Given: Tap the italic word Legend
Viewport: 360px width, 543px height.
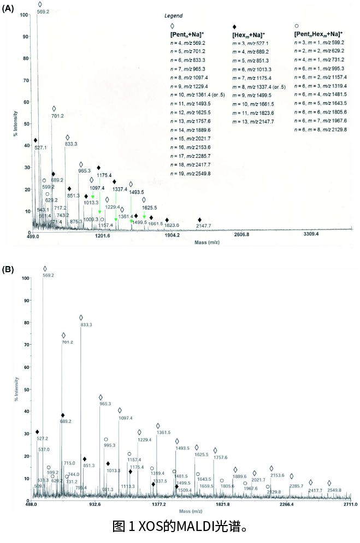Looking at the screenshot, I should (x=173, y=16).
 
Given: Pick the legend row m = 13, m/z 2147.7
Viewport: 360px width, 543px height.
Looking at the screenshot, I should (x=255, y=121).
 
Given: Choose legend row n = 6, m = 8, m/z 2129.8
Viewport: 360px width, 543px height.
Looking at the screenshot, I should (x=321, y=129).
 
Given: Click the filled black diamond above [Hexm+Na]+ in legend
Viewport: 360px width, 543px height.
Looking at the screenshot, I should (x=234, y=26).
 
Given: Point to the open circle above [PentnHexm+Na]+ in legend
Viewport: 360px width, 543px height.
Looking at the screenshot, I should (x=296, y=26).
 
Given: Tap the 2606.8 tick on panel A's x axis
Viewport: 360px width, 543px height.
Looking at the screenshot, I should (x=241, y=235).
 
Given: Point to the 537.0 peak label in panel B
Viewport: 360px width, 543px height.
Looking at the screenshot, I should (x=44, y=449).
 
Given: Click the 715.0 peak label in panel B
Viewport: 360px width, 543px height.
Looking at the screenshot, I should (x=69, y=463).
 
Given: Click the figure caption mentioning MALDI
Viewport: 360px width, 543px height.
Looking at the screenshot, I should (x=180, y=527).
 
